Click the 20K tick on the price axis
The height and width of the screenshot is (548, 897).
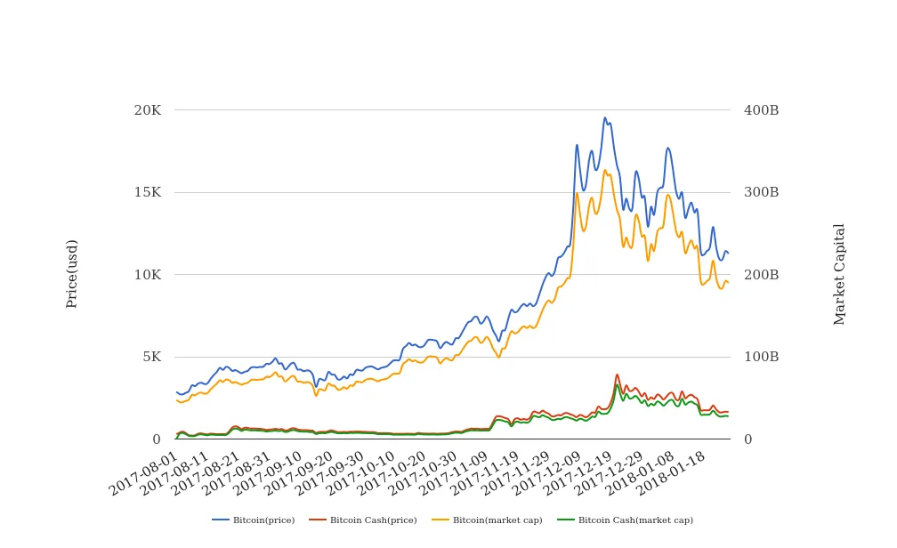coord(147,110)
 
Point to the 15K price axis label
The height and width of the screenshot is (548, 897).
coord(147,193)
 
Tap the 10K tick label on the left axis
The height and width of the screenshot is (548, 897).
coord(147,275)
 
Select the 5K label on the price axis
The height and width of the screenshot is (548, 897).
coord(150,357)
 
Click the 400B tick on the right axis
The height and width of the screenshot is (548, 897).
coord(761,110)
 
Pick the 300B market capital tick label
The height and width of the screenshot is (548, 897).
coord(761,193)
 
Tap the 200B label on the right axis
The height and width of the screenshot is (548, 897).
coord(761,275)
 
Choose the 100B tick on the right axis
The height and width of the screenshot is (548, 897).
coord(761,357)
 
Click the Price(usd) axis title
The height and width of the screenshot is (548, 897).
coord(72,274)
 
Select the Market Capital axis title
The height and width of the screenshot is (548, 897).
coord(839,274)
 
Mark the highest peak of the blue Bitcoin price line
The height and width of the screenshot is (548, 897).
coord(605,117)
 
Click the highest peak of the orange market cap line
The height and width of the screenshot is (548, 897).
coord(605,170)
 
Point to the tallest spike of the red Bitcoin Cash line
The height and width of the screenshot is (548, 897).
coord(617,375)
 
